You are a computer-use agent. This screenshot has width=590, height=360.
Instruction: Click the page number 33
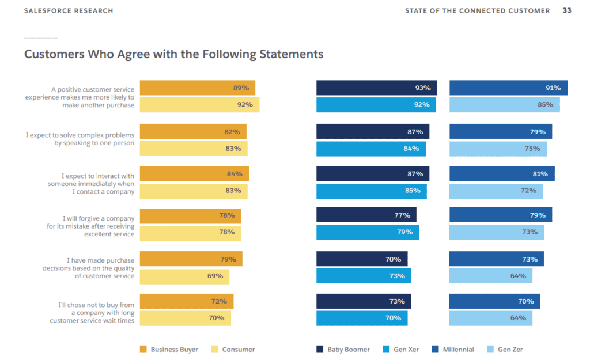567,11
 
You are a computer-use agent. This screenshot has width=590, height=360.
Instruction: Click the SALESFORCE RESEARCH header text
69,11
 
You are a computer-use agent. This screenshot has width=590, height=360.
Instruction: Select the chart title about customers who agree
173,54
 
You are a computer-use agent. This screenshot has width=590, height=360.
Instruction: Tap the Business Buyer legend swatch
143,349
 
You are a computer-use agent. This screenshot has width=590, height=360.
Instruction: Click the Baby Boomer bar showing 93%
376,88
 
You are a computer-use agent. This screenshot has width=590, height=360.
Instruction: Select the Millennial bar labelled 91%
508,88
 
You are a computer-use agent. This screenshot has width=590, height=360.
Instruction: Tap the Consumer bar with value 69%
184,276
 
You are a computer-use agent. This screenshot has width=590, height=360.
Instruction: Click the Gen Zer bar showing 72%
496,191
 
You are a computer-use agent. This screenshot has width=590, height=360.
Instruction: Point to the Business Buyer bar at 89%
197,88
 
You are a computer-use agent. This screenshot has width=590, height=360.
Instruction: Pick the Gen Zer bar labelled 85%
504,105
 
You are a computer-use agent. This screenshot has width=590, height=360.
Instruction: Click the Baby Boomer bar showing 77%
366,215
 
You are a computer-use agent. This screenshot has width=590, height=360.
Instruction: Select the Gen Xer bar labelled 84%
370,149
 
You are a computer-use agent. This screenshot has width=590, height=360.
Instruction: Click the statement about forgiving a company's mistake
90,226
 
